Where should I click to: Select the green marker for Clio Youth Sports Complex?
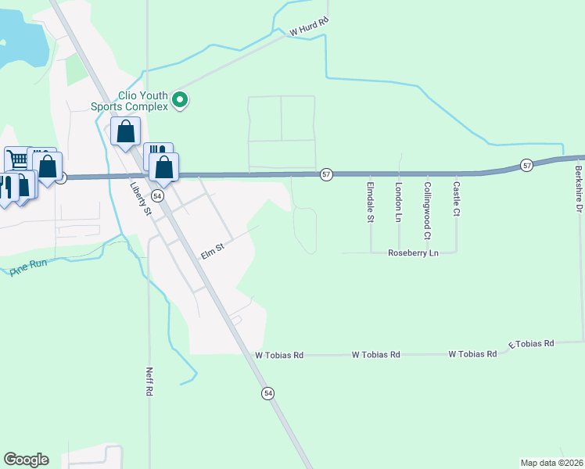coord(181,99)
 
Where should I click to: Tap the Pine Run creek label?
coord(29,266)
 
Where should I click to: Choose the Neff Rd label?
coord(148,381)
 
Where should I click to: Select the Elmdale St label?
coord(370,202)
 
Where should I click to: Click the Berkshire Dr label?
coord(580,188)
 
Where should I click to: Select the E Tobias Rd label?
coord(531,344)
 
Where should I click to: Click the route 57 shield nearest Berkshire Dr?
coord(527,165)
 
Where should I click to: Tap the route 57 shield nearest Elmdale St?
coord(326,174)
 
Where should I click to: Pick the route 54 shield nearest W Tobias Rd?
coord(268,392)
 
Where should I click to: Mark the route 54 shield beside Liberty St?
coord(157,195)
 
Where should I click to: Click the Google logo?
coord(26,460)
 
